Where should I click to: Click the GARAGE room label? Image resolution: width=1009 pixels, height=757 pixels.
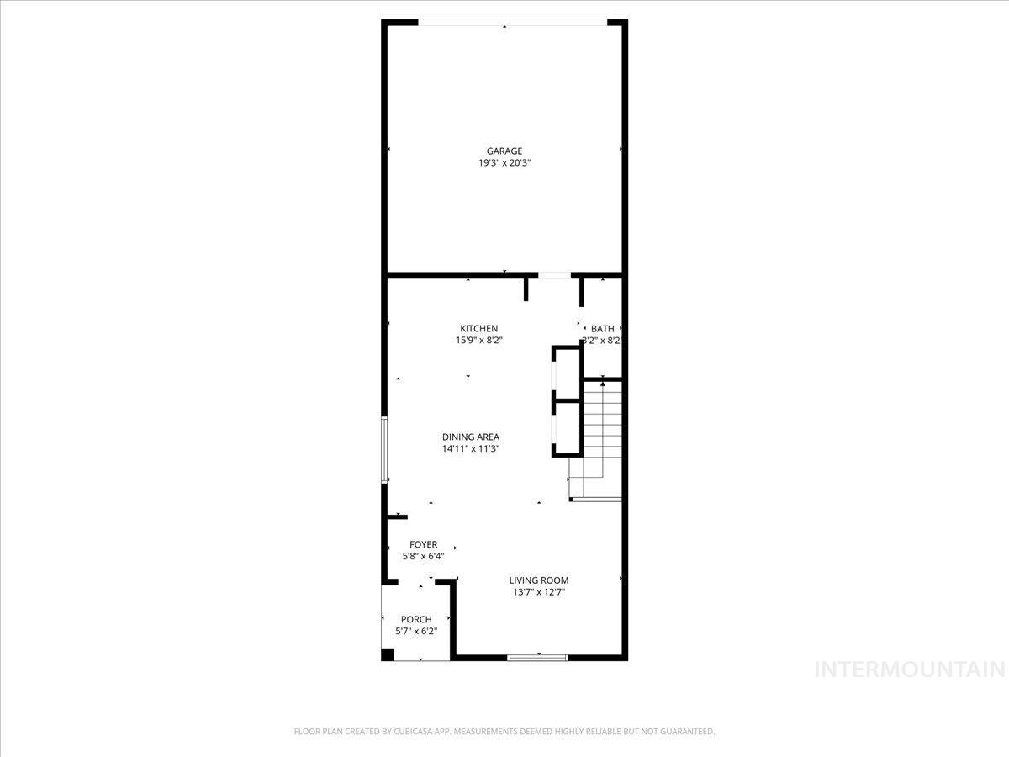pos(504,151)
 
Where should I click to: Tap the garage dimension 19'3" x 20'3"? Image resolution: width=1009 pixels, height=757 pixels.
pos(504,163)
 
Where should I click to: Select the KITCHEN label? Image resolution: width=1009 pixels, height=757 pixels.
pos(478,329)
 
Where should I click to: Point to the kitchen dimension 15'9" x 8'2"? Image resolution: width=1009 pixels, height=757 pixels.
pos(479,341)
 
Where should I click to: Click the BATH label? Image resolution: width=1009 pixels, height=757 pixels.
pos(602,329)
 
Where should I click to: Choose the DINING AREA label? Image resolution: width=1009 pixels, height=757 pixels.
pos(471,437)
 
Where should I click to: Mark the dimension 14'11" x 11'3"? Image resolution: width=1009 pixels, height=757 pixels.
pos(471,449)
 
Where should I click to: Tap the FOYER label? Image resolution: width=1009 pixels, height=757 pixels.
pos(423,545)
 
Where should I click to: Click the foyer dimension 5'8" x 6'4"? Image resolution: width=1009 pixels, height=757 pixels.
pos(423,556)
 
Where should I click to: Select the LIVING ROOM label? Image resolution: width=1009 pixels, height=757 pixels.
pos(539,580)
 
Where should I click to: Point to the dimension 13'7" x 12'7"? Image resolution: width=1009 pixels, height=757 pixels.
pos(539,592)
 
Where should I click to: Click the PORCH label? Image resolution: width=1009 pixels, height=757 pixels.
pos(416,620)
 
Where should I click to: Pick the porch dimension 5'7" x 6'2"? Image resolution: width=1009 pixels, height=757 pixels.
pos(416,631)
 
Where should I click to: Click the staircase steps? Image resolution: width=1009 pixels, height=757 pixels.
pos(602,437)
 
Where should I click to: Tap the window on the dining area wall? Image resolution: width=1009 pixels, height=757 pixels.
pos(384,449)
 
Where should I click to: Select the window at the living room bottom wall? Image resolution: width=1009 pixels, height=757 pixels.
pos(538,657)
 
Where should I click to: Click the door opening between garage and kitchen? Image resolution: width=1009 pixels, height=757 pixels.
pos(554,275)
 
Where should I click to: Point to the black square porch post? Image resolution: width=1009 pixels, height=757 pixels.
pos(388,654)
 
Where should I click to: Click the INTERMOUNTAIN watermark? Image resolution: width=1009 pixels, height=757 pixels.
pos(911,670)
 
